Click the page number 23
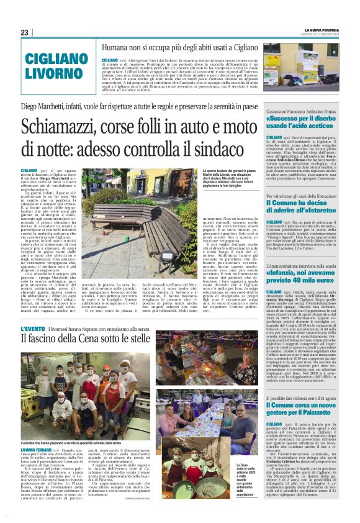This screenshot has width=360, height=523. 25,32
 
